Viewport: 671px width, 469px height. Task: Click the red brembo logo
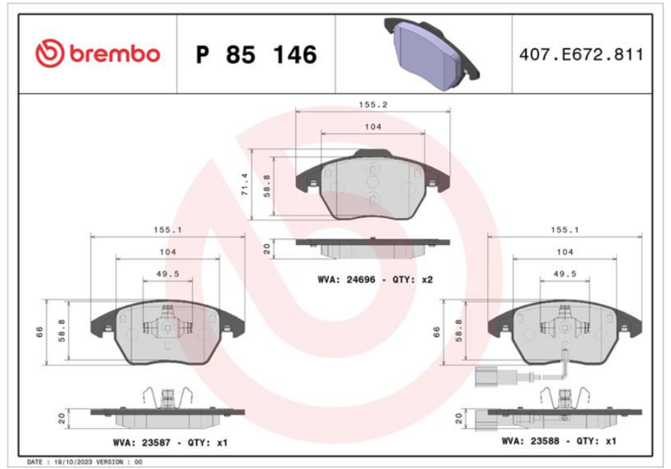pos(97,54)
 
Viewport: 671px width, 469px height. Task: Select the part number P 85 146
pos(257,55)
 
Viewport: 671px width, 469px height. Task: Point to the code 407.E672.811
pos(581,55)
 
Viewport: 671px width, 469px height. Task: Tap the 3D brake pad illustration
pos(431,53)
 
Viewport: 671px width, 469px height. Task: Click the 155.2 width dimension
pos(372,104)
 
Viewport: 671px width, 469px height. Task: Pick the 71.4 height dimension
pos(245,185)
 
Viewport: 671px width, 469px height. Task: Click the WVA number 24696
pos(361,280)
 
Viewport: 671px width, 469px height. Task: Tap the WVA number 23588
pos(544,441)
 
